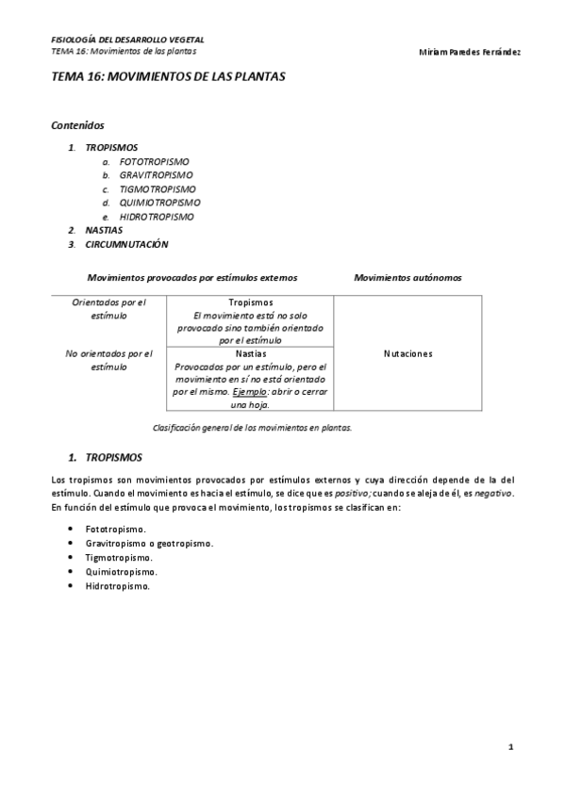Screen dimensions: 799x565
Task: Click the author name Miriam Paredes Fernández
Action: click(469, 51)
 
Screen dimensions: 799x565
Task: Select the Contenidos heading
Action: click(77, 125)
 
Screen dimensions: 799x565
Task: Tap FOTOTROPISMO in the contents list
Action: click(155, 161)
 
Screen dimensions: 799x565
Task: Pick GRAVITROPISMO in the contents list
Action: click(156, 175)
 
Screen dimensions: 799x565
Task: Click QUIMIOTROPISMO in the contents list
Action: click(159, 203)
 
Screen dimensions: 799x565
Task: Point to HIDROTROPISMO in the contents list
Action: click(157, 217)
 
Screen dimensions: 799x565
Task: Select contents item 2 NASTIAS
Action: click(104, 230)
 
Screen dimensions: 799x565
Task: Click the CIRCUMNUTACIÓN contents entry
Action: click(126, 244)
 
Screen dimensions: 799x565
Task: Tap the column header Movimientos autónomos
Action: click(407, 278)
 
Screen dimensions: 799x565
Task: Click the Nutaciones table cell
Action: click(407, 354)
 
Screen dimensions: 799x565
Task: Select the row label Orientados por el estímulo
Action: click(108, 309)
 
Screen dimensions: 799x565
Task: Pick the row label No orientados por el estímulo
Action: click(108, 361)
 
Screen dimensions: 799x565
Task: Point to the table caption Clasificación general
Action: click(252, 427)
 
